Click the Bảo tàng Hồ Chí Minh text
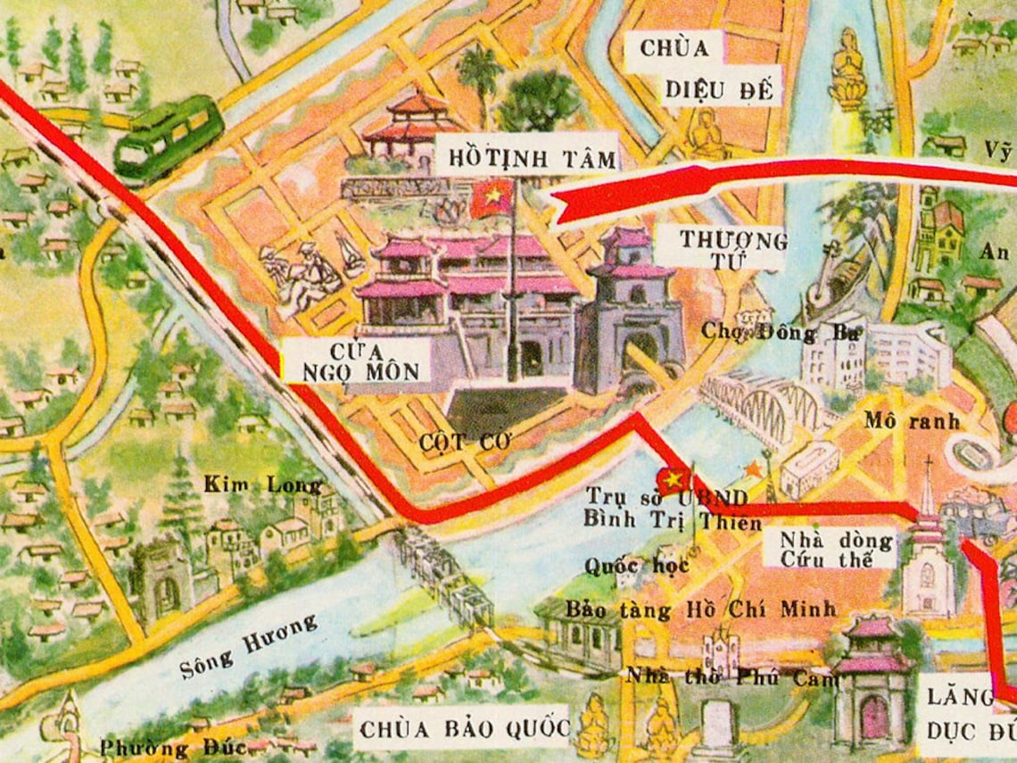pos(702,610)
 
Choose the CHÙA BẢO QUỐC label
pos(463,729)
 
